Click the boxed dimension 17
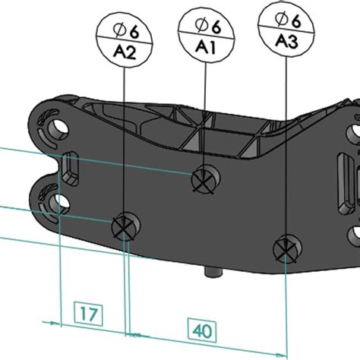[87, 312]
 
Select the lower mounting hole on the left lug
[58, 201]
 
